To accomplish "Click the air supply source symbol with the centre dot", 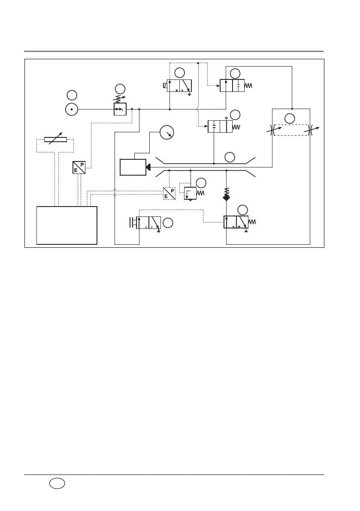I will click(72, 109).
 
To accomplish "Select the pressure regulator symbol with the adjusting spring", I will click(120, 109).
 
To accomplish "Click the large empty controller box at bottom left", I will click(67, 225).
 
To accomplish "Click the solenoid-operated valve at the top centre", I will click(179, 85).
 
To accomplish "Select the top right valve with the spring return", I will click(232, 85).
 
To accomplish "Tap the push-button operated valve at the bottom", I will click(148, 223).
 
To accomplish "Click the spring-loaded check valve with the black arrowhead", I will click(227, 195).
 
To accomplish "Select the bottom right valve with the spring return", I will click(236, 222).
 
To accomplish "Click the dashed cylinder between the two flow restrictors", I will click(291, 130).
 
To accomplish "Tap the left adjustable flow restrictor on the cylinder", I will click(272, 130).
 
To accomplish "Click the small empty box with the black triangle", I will click(132, 167).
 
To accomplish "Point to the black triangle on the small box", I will click(148, 167).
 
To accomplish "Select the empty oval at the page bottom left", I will click(57, 484).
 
